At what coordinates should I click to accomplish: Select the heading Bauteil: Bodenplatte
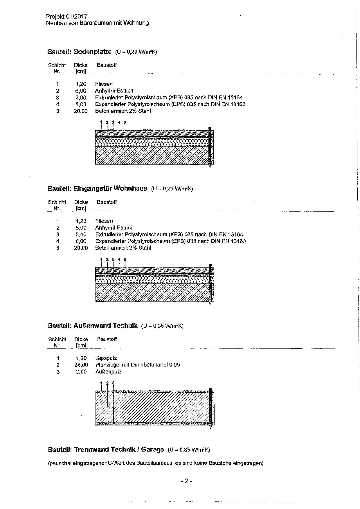pyautogui.click(x=79, y=52)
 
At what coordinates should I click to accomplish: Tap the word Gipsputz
pyautogui.click(x=106, y=358)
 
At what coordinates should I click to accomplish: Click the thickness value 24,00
pyautogui.click(x=81, y=365)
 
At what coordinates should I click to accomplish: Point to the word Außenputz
pyautogui.click(x=108, y=372)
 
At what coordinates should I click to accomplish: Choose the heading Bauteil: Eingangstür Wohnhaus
pyautogui.click(x=97, y=188)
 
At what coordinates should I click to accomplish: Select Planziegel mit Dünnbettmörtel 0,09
pyautogui.click(x=137, y=365)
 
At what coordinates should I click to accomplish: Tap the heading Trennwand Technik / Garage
pyautogui.click(x=119, y=450)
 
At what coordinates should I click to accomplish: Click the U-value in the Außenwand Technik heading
pyautogui.click(x=162, y=326)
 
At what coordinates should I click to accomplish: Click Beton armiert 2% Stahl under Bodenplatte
pyautogui.click(x=123, y=111)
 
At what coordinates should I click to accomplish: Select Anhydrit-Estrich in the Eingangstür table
pyautogui.click(x=114, y=228)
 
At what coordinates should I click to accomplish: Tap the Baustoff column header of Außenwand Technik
pyautogui.click(x=107, y=339)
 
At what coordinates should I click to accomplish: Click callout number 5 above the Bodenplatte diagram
pyautogui.click(x=125, y=122)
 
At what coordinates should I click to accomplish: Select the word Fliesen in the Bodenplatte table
pyautogui.click(x=104, y=84)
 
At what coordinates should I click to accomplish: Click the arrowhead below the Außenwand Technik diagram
pyautogui.click(x=211, y=427)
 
